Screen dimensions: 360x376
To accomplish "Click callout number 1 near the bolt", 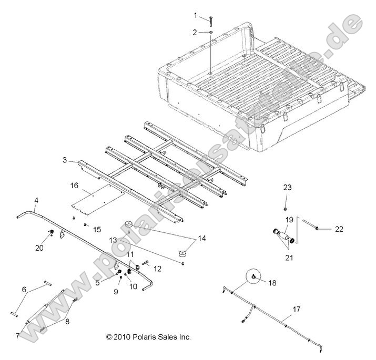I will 196,15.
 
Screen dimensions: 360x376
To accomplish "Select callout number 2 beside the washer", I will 195,32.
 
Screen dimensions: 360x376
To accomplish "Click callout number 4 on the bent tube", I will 36,200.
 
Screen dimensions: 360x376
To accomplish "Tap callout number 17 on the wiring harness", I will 297,310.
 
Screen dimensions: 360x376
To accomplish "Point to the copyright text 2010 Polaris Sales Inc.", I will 148,336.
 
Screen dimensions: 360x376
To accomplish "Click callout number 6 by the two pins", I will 24,289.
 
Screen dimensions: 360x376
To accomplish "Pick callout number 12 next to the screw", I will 157,268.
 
